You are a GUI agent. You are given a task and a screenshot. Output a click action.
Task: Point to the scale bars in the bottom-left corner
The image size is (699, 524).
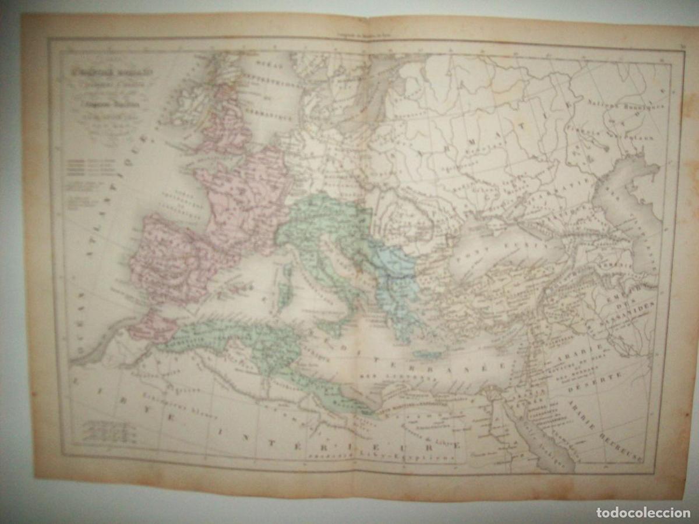(108, 431)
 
